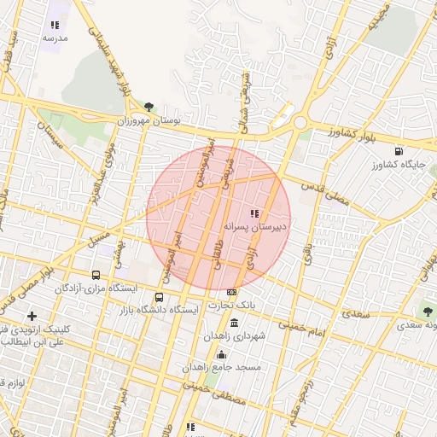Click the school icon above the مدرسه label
pyautogui.click(x=55, y=26)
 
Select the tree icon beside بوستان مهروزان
pyautogui.click(x=149, y=107)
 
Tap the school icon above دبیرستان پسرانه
pyautogui.click(x=253, y=213)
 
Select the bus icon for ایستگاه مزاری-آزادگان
pyautogui.click(x=96, y=275)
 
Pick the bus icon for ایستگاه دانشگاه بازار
pyautogui.click(x=159, y=297)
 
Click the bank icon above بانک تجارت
pyautogui.click(x=231, y=293)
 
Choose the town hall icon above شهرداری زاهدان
pyautogui.click(x=235, y=323)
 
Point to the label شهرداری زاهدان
pyautogui.click(x=234, y=336)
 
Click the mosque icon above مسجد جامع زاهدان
pyautogui.click(x=222, y=354)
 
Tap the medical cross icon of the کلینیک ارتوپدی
pyautogui.click(x=32, y=317)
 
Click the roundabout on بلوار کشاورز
pyautogui.click(x=300, y=123)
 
